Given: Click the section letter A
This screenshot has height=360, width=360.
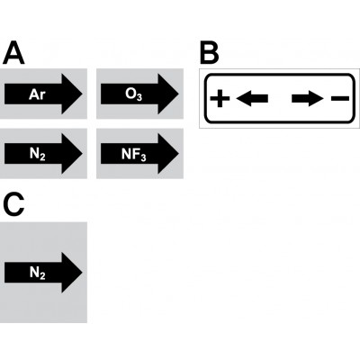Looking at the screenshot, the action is (13, 53).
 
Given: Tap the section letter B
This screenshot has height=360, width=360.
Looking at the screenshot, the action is (210, 53).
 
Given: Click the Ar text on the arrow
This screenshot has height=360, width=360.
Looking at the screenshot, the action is (37, 94).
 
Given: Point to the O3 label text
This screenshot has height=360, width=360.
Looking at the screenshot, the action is (133, 95).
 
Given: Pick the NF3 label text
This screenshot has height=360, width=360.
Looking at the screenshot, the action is (134, 155).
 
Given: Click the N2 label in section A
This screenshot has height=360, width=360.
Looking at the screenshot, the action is (38, 155).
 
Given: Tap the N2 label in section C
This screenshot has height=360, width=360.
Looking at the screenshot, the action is (38, 274).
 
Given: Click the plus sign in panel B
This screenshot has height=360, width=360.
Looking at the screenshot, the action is (220, 98).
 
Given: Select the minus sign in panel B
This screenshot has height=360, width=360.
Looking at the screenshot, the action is (340, 98).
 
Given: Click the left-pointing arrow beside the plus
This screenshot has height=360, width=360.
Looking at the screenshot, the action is (252, 98).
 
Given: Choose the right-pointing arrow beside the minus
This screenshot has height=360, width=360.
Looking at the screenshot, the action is (308, 98).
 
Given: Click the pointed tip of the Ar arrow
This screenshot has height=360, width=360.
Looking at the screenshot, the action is (82, 94).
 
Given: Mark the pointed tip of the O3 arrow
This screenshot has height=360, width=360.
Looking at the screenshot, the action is (178, 94).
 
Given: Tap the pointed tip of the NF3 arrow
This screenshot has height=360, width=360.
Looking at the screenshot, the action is (178, 154).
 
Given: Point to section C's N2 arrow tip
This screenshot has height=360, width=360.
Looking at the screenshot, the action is (82, 273).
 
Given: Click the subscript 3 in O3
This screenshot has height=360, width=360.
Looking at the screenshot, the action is (139, 98).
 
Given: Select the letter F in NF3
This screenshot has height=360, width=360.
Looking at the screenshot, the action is (135, 154).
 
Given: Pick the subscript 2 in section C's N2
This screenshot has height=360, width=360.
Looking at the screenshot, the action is (42, 276).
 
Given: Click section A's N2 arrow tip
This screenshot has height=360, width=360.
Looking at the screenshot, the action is (82, 154).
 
